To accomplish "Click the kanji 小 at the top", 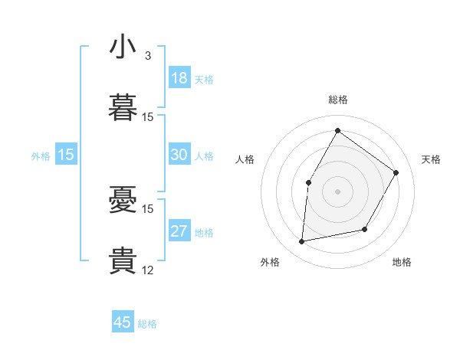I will (123, 47).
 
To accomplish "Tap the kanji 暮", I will (123, 108).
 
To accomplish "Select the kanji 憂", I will (123, 201).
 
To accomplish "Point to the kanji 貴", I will (123, 261).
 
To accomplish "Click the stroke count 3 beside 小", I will (147, 56).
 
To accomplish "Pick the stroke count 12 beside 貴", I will (148, 270).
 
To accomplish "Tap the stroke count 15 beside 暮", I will (148, 116).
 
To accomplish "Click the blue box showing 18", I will (179, 78).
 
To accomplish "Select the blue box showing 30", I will (179, 155).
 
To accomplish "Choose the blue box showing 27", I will (179, 231).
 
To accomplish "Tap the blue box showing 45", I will (123, 322).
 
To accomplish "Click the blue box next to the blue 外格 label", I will (66, 155).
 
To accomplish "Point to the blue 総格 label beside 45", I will (147, 324).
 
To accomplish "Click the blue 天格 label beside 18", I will (204, 80).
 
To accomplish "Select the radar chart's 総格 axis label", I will (338, 100).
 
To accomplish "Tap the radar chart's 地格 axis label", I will (402, 262).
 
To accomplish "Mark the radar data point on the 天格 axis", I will (396, 172).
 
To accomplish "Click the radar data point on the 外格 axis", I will (302, 242).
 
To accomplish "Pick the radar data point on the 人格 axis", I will (309, 182).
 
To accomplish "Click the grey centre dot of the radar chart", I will (337, 191).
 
